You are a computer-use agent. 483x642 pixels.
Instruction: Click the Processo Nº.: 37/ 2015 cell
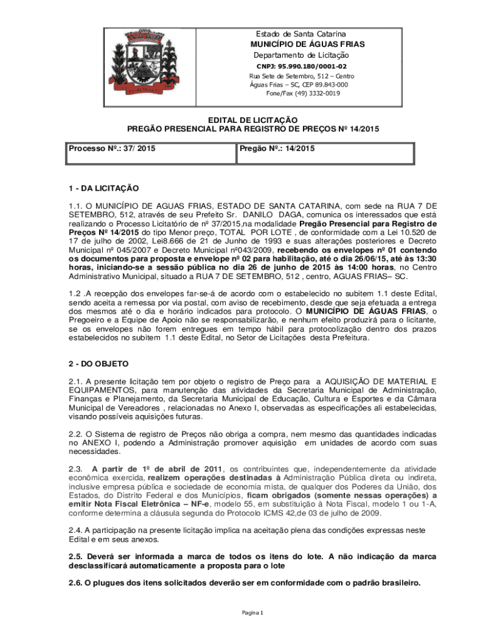click(112, 149)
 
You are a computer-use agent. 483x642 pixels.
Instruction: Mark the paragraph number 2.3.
click(75, 469)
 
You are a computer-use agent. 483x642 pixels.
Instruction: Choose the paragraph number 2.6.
click(75, 582)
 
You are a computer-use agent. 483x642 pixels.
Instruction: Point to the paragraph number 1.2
click(76, 293)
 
